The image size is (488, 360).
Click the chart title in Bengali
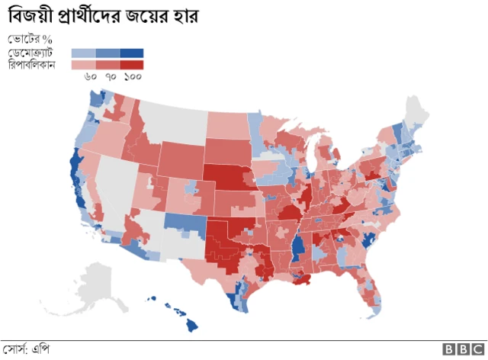pyautogui.click(x=103, y=15)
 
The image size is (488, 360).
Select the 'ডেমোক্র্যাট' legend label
pyautogui.click(x=35, y=53)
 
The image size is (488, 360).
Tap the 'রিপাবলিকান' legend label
pyautogui.click(x=35, y=64)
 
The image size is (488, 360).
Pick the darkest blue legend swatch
pyautogui.click(x=132, y=53)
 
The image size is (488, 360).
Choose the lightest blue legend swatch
pyautogui.click(x=84, y=53)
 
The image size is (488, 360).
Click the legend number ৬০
pyautogui.click(x=90, y=76)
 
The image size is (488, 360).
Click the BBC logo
pyautogui.click(x=459, y=349)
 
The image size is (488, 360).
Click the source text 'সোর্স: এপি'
pyautogui.click(x=26, y=349)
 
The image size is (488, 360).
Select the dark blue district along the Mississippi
pyautogui.click(x=297, y=247)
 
